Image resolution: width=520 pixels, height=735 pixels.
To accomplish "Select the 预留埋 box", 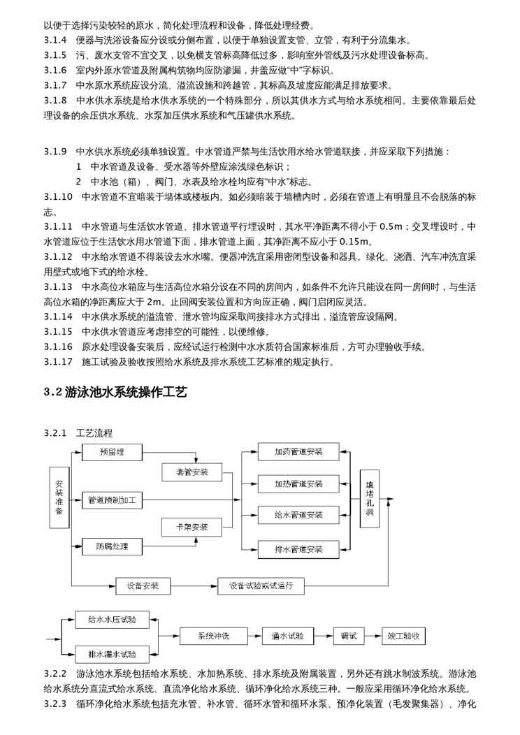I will click(111, 451).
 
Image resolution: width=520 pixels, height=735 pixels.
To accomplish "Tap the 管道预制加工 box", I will click(111, 500).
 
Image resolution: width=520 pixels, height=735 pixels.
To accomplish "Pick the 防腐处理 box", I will click(111, 546).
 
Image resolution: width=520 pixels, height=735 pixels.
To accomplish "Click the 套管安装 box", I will click(191, 472).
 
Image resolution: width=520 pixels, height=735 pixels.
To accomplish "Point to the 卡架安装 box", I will click(191, 526).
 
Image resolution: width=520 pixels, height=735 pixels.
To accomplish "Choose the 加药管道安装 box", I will click(298, 451).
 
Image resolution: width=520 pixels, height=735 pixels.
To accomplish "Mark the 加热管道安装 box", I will click(298, 483).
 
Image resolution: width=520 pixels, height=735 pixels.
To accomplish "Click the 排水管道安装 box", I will click(298, 549).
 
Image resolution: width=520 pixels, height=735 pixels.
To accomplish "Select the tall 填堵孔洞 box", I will click(370, 498).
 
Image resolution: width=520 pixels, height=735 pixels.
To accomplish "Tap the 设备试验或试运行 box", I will click(261, 585).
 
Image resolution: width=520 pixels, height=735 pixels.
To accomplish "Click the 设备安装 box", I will click(143, 585).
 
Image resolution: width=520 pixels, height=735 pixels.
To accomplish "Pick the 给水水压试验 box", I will click(112, 620).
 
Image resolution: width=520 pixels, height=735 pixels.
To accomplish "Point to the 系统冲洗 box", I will click(213, 636).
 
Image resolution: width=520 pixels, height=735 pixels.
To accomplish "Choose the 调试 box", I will click(349, 636).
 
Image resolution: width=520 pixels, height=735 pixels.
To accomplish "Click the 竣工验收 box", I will click(403, 636).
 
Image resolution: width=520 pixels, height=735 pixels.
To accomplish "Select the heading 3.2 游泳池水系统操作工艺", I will click(115, 392).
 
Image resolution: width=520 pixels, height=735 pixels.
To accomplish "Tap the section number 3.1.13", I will click(58, 286).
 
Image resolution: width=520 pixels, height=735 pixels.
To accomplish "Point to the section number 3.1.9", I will click(55, 152).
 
